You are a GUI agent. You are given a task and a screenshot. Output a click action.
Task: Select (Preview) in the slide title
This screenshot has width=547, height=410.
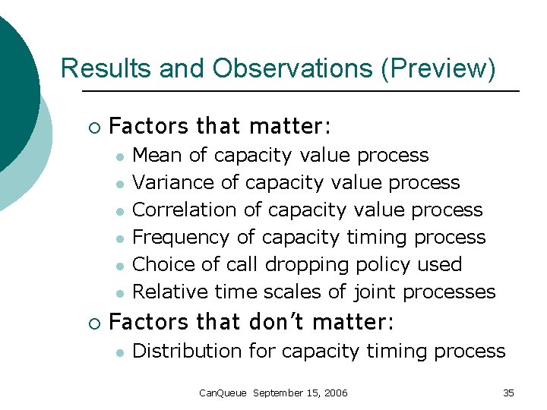(x=438, y=68)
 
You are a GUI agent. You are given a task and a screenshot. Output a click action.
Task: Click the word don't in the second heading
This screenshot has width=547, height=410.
(x=273, y=322)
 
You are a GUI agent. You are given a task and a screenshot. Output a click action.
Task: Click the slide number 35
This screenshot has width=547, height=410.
(x=508, y=393)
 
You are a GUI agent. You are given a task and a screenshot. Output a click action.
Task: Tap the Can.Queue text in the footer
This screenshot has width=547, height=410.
(x=222, y=393)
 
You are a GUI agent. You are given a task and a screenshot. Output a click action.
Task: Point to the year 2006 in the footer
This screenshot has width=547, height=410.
(x=335, y=393)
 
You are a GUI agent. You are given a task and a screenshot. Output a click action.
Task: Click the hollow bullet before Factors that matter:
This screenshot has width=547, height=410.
(x=93, y=126)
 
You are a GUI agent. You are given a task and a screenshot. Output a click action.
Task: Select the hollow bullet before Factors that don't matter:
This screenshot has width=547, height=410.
(x=93, y=323)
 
